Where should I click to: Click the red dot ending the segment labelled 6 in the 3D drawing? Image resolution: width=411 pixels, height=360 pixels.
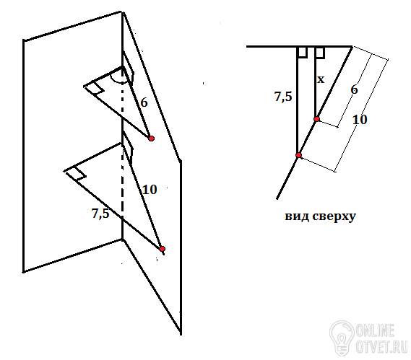pyautogui.click(x=151, y=139)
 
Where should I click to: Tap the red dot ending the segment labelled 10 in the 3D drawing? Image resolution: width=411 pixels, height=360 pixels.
pyautogui.click(x=162, y=248)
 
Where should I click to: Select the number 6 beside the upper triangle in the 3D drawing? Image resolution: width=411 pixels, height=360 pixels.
pyautogui.click(x=144, y=102)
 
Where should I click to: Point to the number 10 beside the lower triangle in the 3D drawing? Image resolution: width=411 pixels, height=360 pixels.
pyautogui.click(x=150, y=189)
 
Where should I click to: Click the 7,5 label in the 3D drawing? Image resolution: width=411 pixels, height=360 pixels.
pyautogui.click(x=100, y=213)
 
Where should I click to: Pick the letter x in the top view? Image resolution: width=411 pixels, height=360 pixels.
pyautogui.click(x=321, y=79)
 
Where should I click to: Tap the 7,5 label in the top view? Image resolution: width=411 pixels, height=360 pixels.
pyautogui.click(x=283, y=97)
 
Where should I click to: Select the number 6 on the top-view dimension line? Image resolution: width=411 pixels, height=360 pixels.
pyautogui.click(x=354, y=89)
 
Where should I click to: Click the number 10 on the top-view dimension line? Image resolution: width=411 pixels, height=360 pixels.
pyautogui.click(x=360, y=120)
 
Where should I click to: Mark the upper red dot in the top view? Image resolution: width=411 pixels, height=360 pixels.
pyautogui.click(x=316, y=119)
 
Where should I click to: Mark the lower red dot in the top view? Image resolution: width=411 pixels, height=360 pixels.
pyautogui.click(x=298, y=155)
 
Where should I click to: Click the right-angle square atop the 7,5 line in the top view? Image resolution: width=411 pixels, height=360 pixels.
pyautogui.click(x=303, y=52)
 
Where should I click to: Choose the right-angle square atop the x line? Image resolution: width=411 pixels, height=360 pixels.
pyautogui.click(x=320, y=53)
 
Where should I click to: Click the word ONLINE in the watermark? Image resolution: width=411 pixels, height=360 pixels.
pyautogui.click(x=376, y=330)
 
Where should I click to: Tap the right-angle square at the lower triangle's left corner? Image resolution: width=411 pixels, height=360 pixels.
pyautogui.click(x=77, y=173)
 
